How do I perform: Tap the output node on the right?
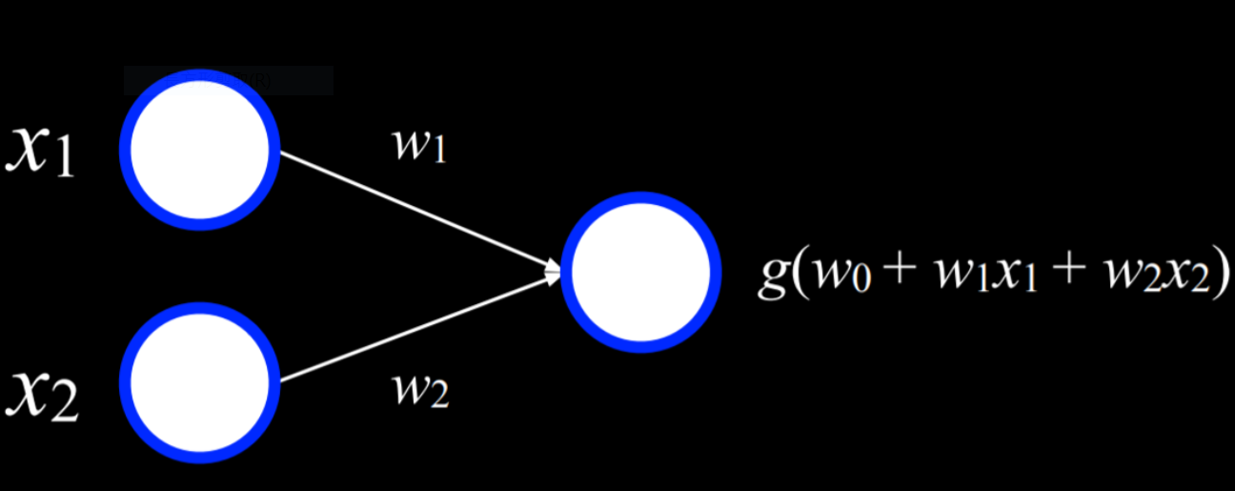point(636,272)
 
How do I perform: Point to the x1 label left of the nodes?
point(42,153)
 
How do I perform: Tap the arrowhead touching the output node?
point(554,274)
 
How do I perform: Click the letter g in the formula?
point(773,276)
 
